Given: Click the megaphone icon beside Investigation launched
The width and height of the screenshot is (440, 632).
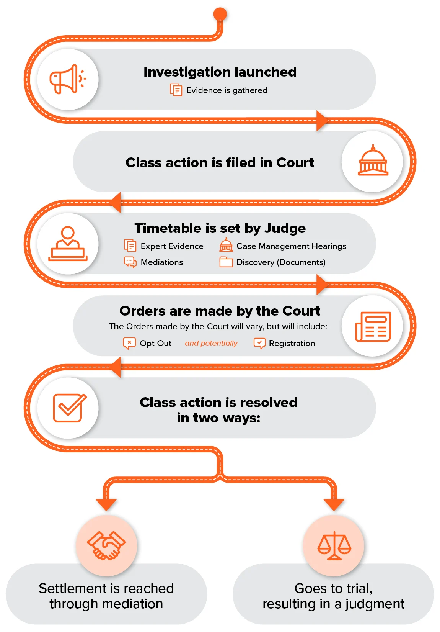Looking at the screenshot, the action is click(x=68, y=79).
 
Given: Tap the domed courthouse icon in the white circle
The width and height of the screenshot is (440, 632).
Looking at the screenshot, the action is click(x=373, y=160).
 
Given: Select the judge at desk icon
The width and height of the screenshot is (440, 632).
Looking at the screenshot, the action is click(x=68, y=244).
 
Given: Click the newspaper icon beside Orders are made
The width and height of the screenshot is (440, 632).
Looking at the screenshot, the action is click(x=373, y=326).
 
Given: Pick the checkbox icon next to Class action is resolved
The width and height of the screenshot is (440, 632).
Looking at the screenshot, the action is click(x=69, y=408).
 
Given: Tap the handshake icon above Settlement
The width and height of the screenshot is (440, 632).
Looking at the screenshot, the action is click(x=106, y=545).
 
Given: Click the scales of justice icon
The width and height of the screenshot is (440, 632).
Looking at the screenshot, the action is click(x=334, y=545).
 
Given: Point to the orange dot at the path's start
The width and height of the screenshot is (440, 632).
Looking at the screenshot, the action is click(x=220, y=14).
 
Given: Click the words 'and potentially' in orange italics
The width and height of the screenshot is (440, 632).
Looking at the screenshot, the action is click(x=211, y=343).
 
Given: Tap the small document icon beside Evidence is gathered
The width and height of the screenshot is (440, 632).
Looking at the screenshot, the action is click(x=176, y=90).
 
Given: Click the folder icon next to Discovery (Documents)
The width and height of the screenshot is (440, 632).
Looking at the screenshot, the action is click(x=226, y=262).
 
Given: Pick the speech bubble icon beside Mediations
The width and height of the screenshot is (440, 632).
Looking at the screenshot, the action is click(x=130, y=262).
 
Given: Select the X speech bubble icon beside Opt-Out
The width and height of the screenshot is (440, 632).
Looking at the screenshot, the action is click(x=129, y=343).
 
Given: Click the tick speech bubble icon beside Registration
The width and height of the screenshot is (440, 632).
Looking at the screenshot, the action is click(x=260, y=343).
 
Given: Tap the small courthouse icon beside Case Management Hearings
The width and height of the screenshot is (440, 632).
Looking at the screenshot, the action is click(x=226, y=245).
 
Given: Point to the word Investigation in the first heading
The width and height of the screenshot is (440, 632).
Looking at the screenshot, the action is click(x=187, y=72).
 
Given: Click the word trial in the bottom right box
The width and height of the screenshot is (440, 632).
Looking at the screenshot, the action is click(x=358, y=589).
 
